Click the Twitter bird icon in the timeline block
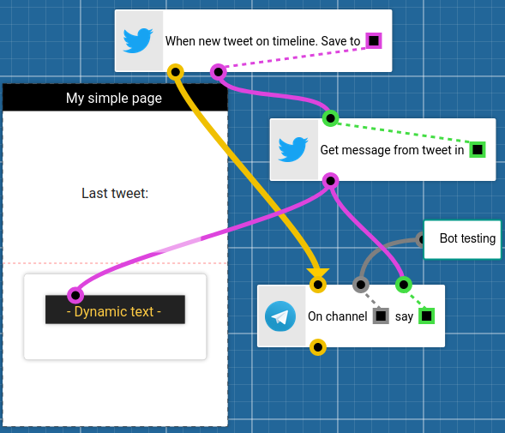[138, 40]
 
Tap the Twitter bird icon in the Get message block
[293, 149]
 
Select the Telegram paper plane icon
[280, 316]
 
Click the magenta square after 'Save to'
[374, 40]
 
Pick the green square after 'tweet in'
[478, 149]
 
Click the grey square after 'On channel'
[381, 316]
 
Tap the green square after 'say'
[427, 316]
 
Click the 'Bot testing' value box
[462, 239]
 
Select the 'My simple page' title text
[114, 98]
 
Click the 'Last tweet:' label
[115, 193]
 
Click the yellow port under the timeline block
[176, 73]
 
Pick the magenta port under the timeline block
[219, 73]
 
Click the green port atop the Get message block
[330, 118]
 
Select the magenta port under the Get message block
[330, 181]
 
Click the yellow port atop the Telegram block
[318, 285]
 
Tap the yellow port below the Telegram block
[318, 347]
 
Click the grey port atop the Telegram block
[361, 285]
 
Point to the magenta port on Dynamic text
[75, 295]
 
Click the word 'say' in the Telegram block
[404, 316]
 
